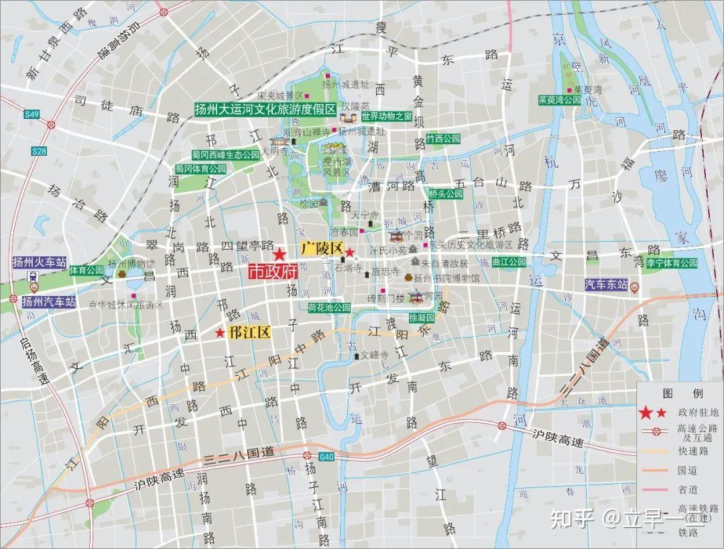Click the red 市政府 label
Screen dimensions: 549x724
point(272,271)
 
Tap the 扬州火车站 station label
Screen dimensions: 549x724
point(40,262)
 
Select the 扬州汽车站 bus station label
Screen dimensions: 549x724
point(48,301)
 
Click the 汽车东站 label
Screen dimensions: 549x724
point(606,285)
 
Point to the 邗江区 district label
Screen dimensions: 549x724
point(249,332)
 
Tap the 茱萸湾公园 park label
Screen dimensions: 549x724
point(559,99)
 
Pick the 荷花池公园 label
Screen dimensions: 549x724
point(329,307)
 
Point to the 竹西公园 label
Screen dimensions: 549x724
point(443,138)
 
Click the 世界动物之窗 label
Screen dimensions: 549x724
point(386,115)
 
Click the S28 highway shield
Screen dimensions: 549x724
point(39,152)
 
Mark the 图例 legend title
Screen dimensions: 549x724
point(672,393)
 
